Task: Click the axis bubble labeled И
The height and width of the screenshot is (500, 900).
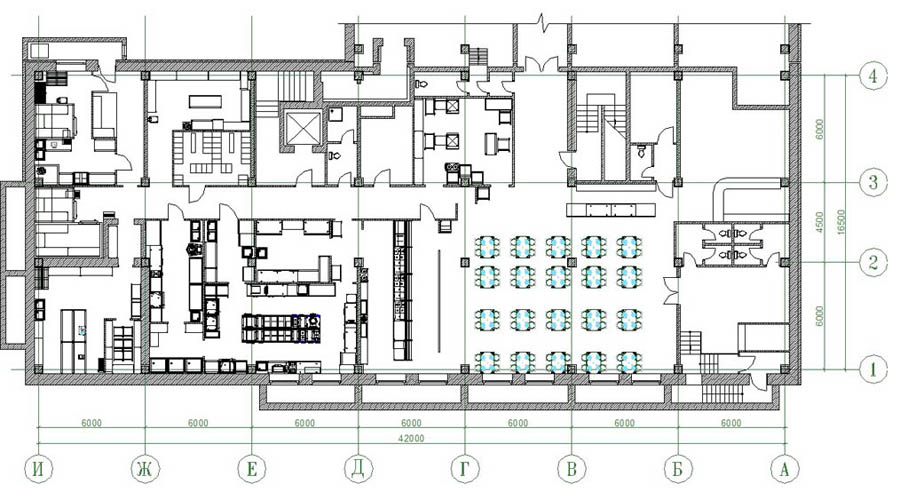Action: pyautogui.click(x=38, y=469)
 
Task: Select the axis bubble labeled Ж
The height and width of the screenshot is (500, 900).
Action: pyautogui.click(x=145, y=469)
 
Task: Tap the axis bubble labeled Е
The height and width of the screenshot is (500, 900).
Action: pyautogui.click(x=251, y=469)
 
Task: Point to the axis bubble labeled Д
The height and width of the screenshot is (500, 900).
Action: pyautogui.click(x=358, y=469)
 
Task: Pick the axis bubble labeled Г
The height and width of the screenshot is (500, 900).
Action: pyautogui.click(x=465, y=469)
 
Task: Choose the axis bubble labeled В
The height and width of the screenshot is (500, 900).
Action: pyautogui.click(x=572, y=469)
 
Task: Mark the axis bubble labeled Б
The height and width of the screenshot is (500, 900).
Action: pyautogui.click(x=678, y=469)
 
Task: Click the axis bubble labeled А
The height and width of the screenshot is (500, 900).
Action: pyautogui.click(x=784, y=469)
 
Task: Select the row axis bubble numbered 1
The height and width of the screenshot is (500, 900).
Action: pyautogui.click(x=873, y=369)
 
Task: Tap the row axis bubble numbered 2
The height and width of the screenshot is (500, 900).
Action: pyautogui.click(x=873, y=263)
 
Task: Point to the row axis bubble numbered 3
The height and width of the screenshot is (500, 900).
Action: pyautogui.click(x=873, y=183)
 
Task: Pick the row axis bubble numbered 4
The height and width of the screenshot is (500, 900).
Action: pyautogui.click(x=873, y=76)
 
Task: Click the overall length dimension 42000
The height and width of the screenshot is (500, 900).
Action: pyautogui.click(x=411, y=439)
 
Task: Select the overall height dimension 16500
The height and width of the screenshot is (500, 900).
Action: pyautogui.click(x=841, y=223)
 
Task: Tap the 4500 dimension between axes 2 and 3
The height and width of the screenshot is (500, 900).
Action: pyautogui.click(x=820, y=223)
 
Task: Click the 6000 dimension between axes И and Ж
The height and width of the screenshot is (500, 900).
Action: pyautogui.click(x=91, y=423)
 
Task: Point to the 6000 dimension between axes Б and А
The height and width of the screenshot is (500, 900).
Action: pyautogui.click(x=731, y=423)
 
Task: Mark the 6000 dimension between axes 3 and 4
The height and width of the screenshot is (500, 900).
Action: pyautogui.click(x=820, y=129)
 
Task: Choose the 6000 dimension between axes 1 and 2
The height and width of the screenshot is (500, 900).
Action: pyautogui.click(x=820, y=316)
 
